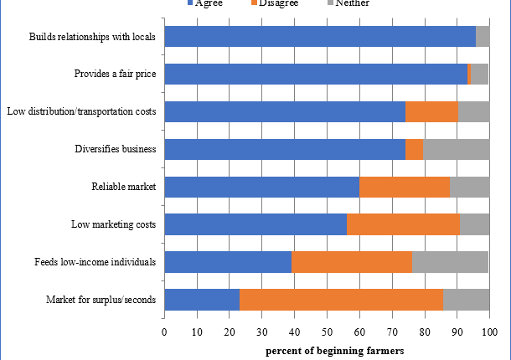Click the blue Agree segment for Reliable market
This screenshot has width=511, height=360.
pyautogui.click(x=261, y=187)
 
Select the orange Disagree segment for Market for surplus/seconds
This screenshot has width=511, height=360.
pyautogui.click(x=341, y=300)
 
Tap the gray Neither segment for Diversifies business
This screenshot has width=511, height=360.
pyautogui.click(x=457, y=149)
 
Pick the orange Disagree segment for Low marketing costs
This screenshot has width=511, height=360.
pyautogui.click(x=403, y=224)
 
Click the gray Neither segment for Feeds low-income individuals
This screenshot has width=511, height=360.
pyautogui.click(x=450, y=262)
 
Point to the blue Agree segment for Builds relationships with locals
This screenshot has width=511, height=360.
pyautogui.click(x=319, y=37)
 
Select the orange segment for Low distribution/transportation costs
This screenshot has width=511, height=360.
pyautogui.click(x=431, y=111)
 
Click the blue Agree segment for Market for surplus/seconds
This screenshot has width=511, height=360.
pyautogui.click(x=201, y=300)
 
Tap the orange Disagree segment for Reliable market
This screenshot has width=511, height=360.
pyautogui.click(x=405, y=187)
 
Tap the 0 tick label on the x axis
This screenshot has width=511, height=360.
pyautogui.click(x=164, y=333)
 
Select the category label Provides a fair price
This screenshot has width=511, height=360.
pyautogui.click(x=115, y=75)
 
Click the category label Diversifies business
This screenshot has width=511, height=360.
pyautogui.click(x=116, y=149)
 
